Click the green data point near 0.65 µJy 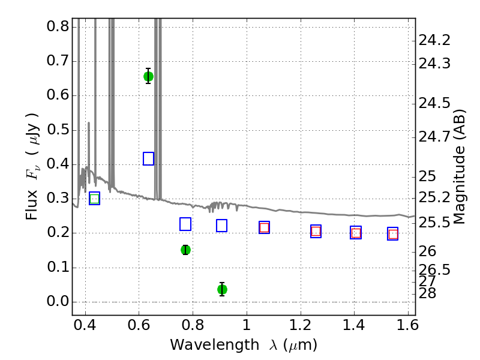[148, 76]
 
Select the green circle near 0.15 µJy [185, 250]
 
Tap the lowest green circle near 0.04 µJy [222, 289]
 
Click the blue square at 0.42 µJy [148, 158]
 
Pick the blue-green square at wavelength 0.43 [95, 199]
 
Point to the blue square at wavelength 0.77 [185, 224]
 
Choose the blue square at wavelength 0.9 [221, 226]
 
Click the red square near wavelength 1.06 [264, 227]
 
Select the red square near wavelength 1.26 [316, 231]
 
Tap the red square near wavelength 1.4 [356, 233]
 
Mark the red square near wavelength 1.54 [393, 234]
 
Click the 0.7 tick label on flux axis [58, 61]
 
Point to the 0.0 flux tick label [58, 302]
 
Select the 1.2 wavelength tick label [301, 325]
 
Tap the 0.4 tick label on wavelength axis [85, 325]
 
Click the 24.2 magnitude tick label [434, 40]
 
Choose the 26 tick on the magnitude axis [427, 251]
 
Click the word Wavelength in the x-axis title [215, 345]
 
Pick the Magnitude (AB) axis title [458, 167]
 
